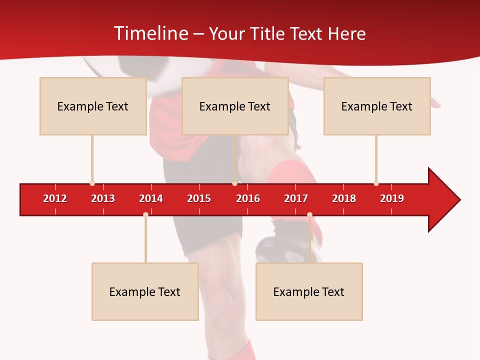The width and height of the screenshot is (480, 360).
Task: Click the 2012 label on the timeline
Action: (55, 198)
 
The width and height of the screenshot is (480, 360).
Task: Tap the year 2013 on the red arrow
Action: (103, 198)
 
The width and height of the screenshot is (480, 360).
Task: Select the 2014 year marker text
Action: (151, 198)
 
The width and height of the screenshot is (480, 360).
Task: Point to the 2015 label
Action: (199, 198)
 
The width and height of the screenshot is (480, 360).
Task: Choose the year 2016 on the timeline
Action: (248, 198)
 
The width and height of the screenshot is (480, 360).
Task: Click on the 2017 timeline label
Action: (296, 198)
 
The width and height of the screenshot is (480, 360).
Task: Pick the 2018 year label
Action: (344, 198)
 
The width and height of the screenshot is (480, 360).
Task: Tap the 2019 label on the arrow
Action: (392, 198)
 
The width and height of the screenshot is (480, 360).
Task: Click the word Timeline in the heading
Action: (150, 33)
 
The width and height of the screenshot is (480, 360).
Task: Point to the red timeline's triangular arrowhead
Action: (443, 200)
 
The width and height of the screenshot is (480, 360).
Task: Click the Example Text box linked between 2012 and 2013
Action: (93, 106)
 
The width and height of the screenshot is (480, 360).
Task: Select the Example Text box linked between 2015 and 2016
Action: (235, 106)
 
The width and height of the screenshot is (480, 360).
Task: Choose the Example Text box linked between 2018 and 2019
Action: (377, 106)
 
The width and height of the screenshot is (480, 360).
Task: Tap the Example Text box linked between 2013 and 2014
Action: (145, 291)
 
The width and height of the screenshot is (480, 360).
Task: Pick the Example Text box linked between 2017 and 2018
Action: (309, 291)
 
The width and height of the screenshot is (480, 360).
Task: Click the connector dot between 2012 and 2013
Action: (92, 183)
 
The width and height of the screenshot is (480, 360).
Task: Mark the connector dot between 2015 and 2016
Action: (234, 183)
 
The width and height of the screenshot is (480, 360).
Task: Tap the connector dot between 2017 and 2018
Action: (309, 215)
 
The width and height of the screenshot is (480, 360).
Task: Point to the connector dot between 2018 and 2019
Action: (376, 183)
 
